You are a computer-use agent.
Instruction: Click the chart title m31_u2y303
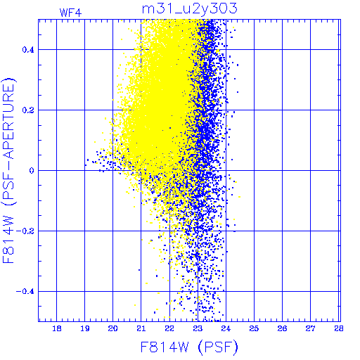click(x=190, y=8)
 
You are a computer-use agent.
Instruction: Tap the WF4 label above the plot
click(x=70, y=13)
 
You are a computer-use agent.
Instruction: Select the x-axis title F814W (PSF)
click(x=189, y=347)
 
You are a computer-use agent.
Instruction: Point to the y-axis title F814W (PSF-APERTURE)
click(x=8, y=171)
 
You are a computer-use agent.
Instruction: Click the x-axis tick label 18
click(x=57, y=328)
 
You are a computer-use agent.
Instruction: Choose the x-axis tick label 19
click(x=85, y=328)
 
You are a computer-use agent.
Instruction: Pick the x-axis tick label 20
click(x=113, y=328)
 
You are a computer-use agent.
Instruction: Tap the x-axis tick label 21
click(x=141, y=328)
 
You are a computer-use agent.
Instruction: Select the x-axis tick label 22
click(x=169, y=328)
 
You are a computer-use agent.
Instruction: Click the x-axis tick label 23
click(x=198, y=328)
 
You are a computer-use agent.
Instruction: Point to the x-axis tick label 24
click(x=226, y=328)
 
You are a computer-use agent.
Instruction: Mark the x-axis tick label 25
click(x=254, y=328)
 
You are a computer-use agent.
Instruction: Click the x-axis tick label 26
click(x=282, y=328)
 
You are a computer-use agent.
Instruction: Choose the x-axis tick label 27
click(x=311, y=328)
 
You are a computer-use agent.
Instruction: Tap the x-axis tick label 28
click(x=339, y=328)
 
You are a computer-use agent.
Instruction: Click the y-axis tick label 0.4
click(x=28, y=50)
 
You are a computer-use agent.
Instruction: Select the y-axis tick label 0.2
click(x=28, y=110)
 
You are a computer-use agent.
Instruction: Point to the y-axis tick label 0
click(x=32, y=171)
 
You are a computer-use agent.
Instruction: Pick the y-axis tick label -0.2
click(x=25, y=231)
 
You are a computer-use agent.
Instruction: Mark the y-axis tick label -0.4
click(x=25, y=292)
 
